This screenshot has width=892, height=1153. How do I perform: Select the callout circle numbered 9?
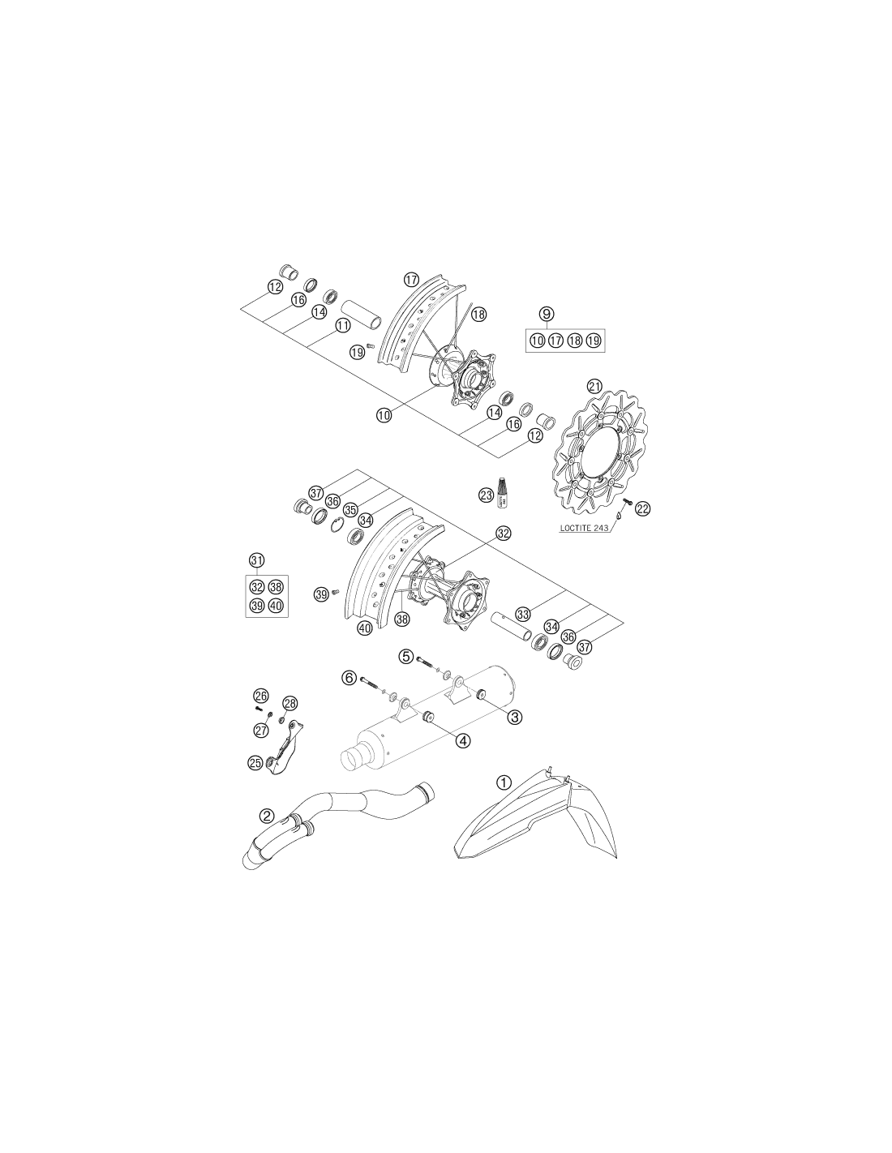pyautogui.click(x=547, y=314)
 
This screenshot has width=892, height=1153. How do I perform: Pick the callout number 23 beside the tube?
pyautogui.click(x=486, y=495)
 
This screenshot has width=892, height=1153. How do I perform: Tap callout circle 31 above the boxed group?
pyautogui.click(x=257, y=560)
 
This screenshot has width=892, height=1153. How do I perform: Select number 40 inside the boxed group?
pyautogui.click(x=276, y=606)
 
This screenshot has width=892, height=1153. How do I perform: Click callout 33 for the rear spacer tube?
pyautogui.click(x=523, y=615)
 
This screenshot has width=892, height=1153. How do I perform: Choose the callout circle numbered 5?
pyautogui.click(x=406, y=657)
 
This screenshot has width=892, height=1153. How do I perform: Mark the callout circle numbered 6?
pyautogui.click(x=349, y=678)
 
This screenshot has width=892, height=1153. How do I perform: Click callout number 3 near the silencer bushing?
pyautogui.click(x=514, y=718)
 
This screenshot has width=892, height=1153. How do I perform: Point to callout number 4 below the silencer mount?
pyautogui.click(x=463, y=739)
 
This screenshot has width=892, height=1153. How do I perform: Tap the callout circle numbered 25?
pyautogui.click(x=255, y=763)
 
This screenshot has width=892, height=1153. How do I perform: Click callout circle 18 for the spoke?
pyautogui.click(x=478, y=314)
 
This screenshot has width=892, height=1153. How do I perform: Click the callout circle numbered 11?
pyautogui.click(x=343, y=325)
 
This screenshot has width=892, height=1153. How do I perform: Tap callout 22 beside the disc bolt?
pyautogui.click(x=642, y=509)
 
